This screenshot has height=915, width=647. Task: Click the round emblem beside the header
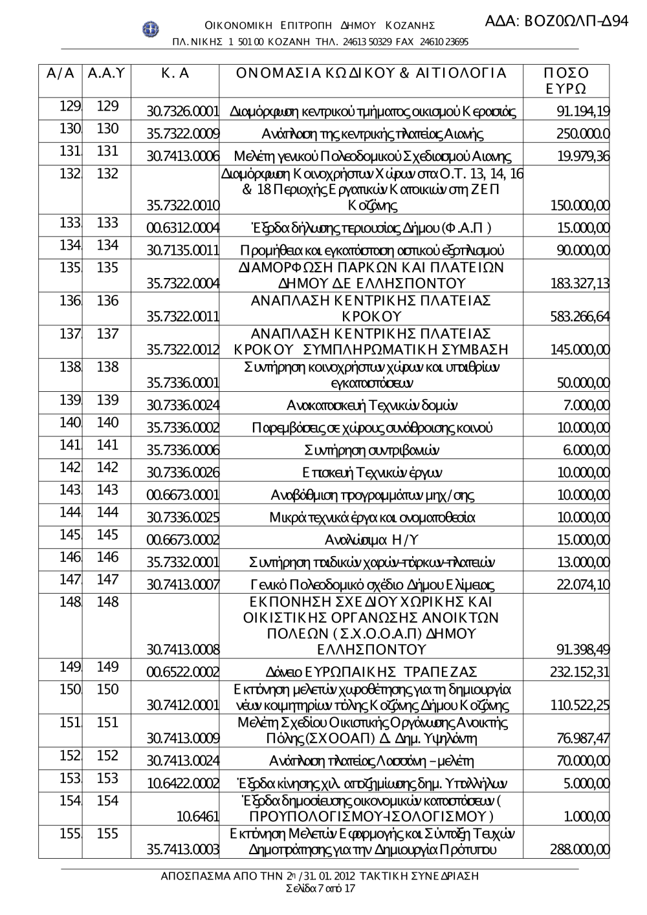150,28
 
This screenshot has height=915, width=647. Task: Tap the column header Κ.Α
175,74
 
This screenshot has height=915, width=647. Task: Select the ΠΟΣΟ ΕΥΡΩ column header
567,81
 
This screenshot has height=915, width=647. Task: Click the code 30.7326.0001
183,111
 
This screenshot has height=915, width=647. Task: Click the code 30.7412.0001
183,705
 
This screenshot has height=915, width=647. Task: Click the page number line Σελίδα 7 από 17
320,888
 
